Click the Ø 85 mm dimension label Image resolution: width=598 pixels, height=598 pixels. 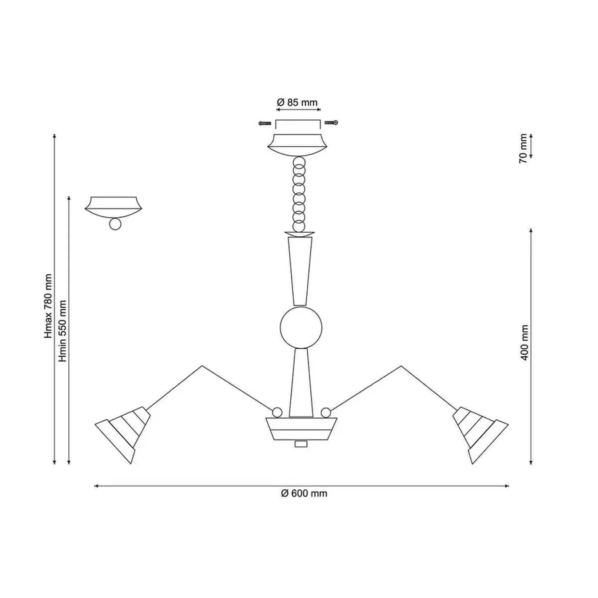pyautogui.click(x=297, y=103)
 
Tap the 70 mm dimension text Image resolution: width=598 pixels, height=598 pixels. pyautogui.click(x=523, y=148)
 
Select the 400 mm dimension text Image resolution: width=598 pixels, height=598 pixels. pyautogui.click(x=524, y=342)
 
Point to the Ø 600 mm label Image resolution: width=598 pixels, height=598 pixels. pyautogui.click(x=304, y=493)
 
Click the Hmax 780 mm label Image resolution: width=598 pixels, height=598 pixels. pyautogui.click(x=48, y=306)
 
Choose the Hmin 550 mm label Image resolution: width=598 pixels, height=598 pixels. pyautogui.click(x=63, y=331)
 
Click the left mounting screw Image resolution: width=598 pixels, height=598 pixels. pyautogui.click(x=265, y=123)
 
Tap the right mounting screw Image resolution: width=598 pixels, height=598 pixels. pyautogui.click(x=331, y=122)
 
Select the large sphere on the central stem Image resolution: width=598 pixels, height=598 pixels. pyautogui.click(x=301, y=327)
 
